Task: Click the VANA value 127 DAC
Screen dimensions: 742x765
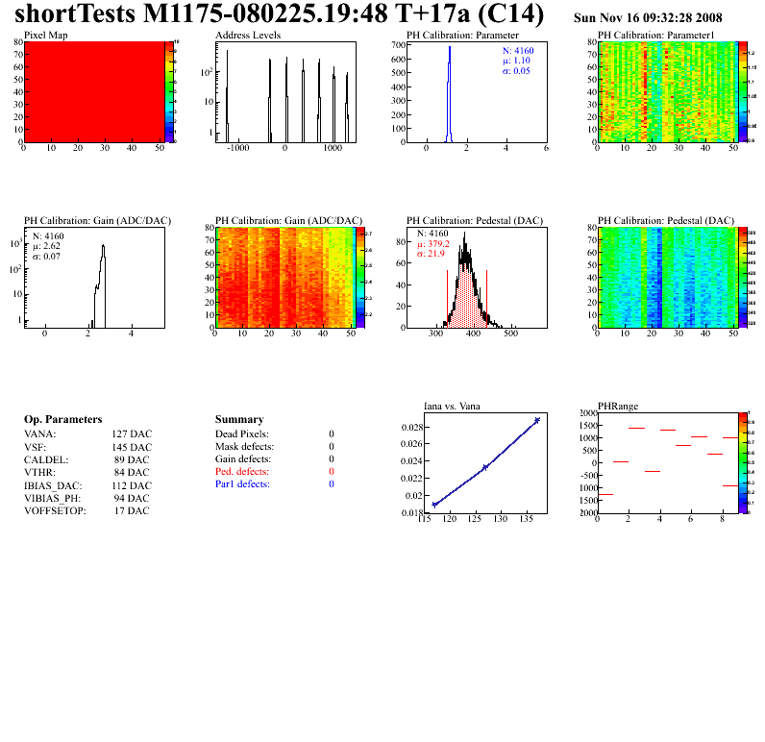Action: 131,434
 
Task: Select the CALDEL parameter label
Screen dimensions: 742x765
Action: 43,459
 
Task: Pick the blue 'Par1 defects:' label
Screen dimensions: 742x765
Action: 243,484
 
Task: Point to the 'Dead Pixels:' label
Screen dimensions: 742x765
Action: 242,434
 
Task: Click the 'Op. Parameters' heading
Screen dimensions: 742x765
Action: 62,420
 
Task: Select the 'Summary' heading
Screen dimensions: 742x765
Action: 238,420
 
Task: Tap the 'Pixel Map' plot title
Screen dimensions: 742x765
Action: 45,35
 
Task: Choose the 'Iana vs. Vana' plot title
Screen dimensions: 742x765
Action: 452,406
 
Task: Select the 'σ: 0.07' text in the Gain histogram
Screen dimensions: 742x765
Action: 50,257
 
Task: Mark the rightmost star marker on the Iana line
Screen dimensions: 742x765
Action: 537,420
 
